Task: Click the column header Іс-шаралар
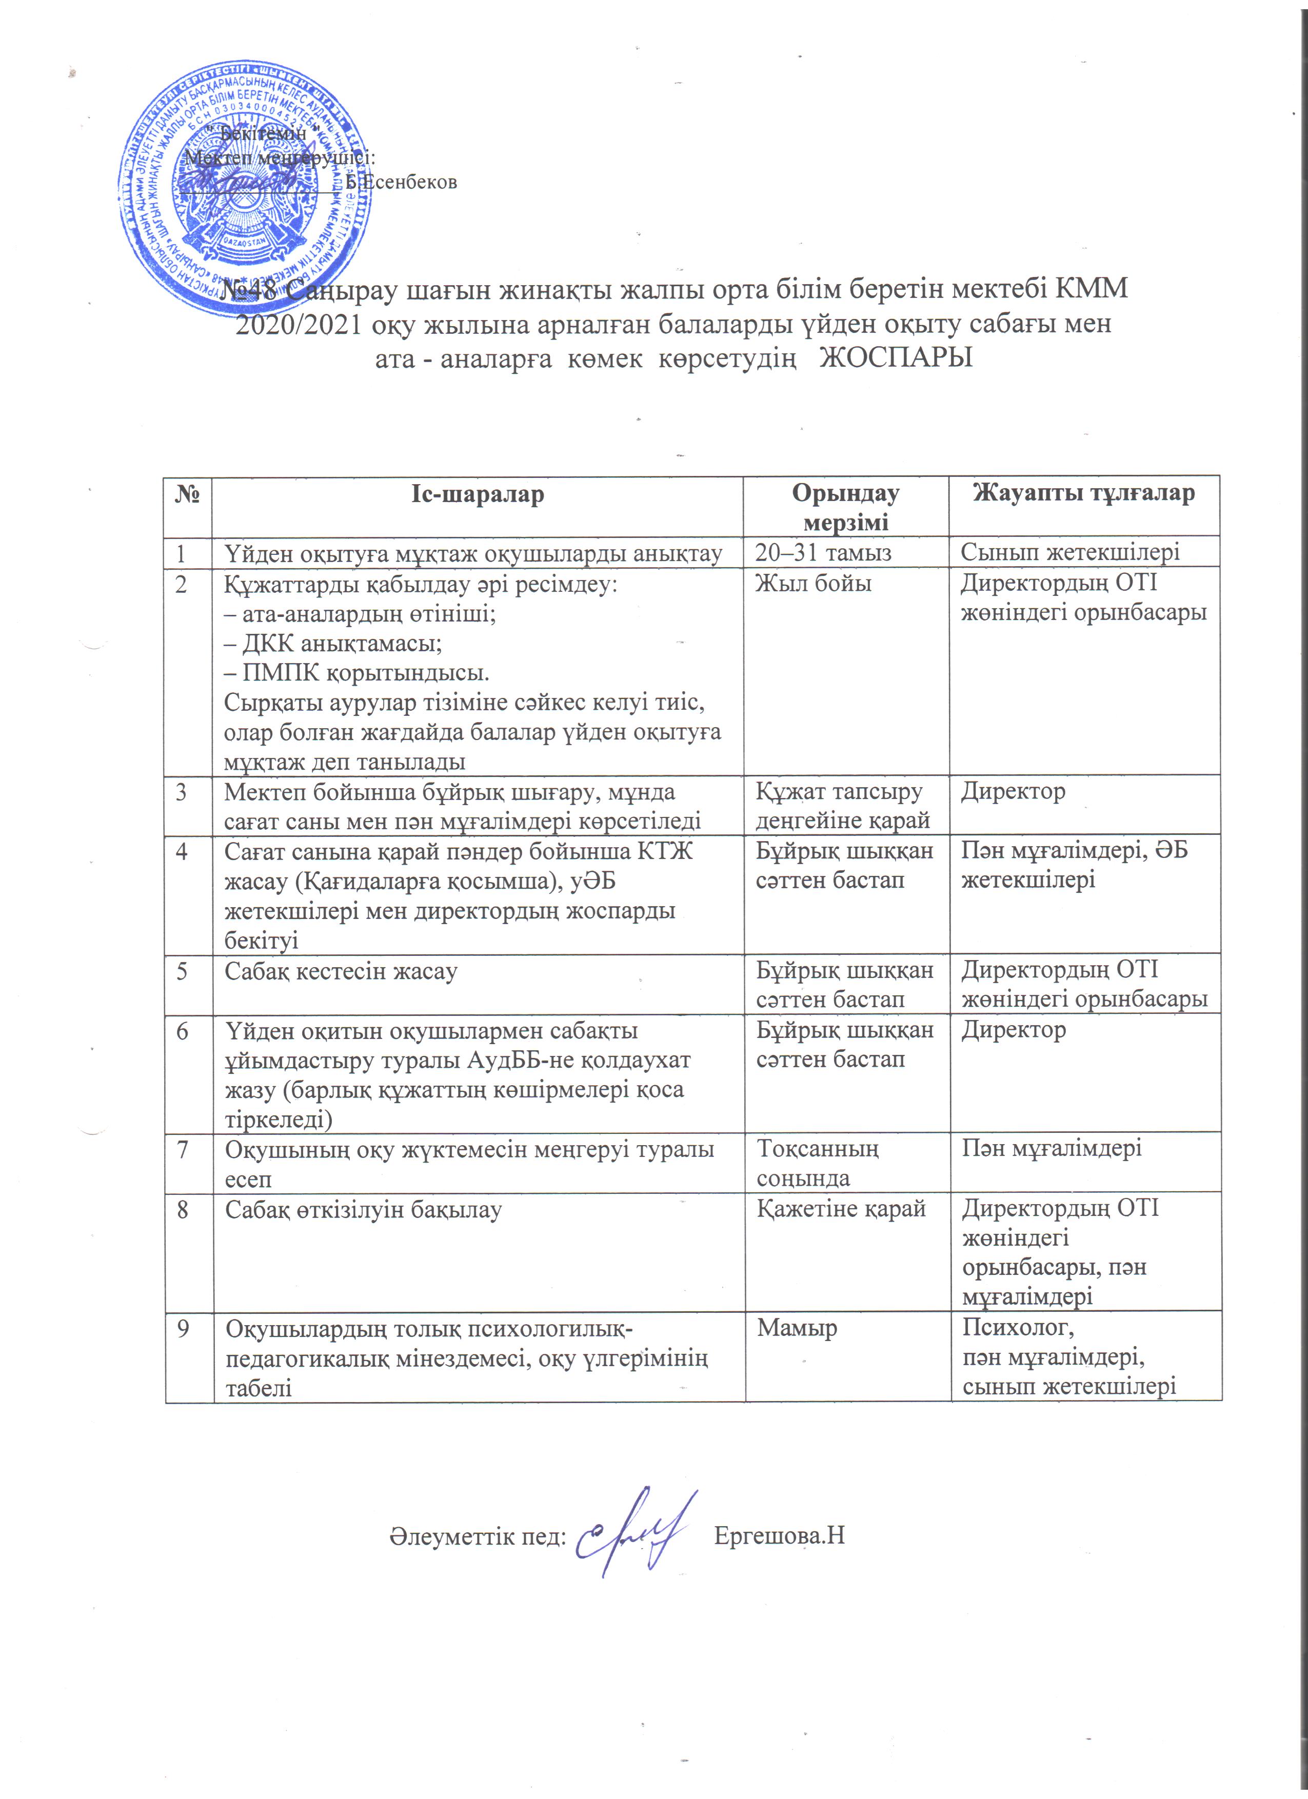coord(478,494)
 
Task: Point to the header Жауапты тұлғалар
coord(1083,493)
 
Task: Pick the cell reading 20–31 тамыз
coord(823,552)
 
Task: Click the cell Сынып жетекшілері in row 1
coord(1070,552)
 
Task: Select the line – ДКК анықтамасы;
coord(333,643)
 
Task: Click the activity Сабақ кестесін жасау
coord(341,971)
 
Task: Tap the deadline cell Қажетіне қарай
coord(841,1209)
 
